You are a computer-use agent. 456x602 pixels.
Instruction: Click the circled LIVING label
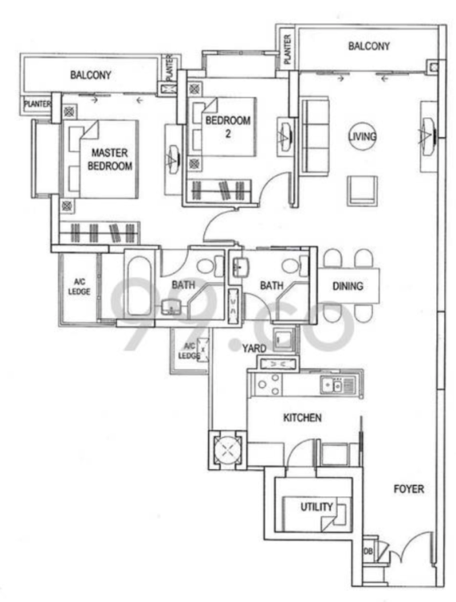tap(362, 136)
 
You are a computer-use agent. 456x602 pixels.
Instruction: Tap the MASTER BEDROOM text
tap(109, 160)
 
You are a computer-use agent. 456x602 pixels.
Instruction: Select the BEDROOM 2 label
tap(228, 127)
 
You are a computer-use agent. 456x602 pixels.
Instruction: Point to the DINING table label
tap(348, 286)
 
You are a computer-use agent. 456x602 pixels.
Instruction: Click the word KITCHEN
tap(303, 417)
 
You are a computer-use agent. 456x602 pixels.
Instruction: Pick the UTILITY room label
tap(316, 506)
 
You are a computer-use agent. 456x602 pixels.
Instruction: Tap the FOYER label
tap(409, 489)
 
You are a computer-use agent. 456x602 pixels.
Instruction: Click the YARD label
tap(254, 348)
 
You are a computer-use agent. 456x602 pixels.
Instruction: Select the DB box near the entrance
tap(368, 551)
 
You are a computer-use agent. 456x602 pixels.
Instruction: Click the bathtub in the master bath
tap(137, 286)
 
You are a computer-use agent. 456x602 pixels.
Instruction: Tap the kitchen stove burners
tap(268, 384)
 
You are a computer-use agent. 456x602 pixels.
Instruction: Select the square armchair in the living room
tap(363, 191)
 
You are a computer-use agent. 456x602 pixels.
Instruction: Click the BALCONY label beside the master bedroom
tap(91, 75)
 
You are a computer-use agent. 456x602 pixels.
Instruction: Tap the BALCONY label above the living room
tap(368, 46)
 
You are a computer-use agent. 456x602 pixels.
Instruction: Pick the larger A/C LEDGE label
tap(79, 287)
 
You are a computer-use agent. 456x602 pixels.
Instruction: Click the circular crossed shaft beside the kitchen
tap(227, 449)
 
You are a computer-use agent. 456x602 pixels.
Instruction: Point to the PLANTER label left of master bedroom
tap(37, 104)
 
